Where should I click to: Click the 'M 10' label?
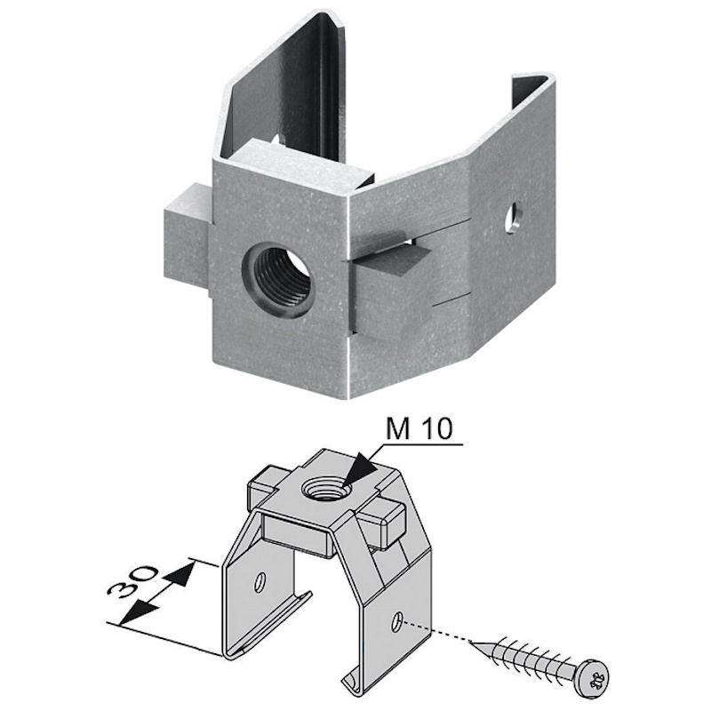[419, 429]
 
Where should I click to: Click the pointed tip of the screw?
[473, 642]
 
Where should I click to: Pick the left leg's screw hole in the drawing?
[260, 582]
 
